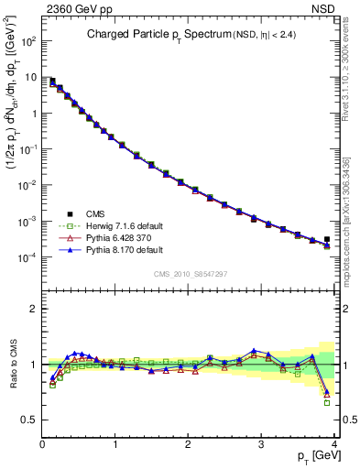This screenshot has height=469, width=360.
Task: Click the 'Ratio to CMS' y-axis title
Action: tap(12, 365)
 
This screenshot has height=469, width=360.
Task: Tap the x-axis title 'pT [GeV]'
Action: tap(312, 455)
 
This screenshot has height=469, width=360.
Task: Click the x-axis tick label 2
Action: tap(189, 442)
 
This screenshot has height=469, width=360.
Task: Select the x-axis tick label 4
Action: tap(334, 442)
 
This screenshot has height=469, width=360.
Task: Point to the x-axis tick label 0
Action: tap(42, 442)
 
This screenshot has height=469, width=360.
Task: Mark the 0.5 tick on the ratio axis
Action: tap(30, 420)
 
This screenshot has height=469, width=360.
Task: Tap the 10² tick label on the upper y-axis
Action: tap(28, 41)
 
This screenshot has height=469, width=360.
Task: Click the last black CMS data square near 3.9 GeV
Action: tap(327, 240)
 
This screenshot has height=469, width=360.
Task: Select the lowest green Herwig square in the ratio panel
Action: tap(327, 403)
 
